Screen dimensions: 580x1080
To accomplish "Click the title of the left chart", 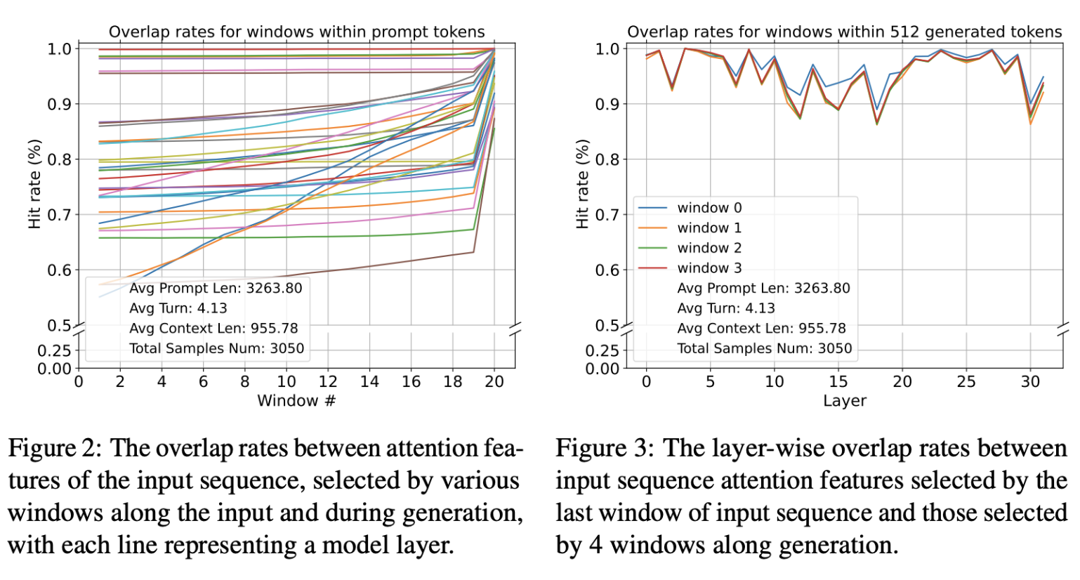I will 296,32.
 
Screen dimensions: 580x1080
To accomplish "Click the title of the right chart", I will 844,32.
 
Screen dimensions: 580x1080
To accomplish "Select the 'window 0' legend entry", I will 709,208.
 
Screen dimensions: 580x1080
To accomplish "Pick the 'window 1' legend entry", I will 709,228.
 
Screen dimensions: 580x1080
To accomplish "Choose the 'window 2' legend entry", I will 709,248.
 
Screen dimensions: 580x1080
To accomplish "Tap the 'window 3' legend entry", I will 709,268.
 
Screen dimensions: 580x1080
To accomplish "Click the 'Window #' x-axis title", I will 296,401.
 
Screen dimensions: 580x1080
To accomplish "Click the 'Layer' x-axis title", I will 844,401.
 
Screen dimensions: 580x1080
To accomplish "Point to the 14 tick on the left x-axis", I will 369,381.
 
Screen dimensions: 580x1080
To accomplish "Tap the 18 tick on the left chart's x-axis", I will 453,381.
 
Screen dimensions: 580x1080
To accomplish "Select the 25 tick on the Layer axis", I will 966,381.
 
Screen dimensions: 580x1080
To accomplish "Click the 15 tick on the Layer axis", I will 838,381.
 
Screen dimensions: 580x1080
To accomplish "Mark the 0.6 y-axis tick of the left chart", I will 59,270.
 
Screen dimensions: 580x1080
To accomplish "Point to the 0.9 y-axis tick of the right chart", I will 607,104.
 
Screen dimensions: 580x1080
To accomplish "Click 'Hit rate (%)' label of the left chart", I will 34,184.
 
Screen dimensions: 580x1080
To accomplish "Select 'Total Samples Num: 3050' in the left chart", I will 216,348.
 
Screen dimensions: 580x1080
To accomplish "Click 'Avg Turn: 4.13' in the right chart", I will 726,308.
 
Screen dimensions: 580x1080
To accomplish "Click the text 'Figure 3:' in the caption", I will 605,449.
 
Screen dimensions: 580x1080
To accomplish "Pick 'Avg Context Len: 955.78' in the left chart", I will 213,329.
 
